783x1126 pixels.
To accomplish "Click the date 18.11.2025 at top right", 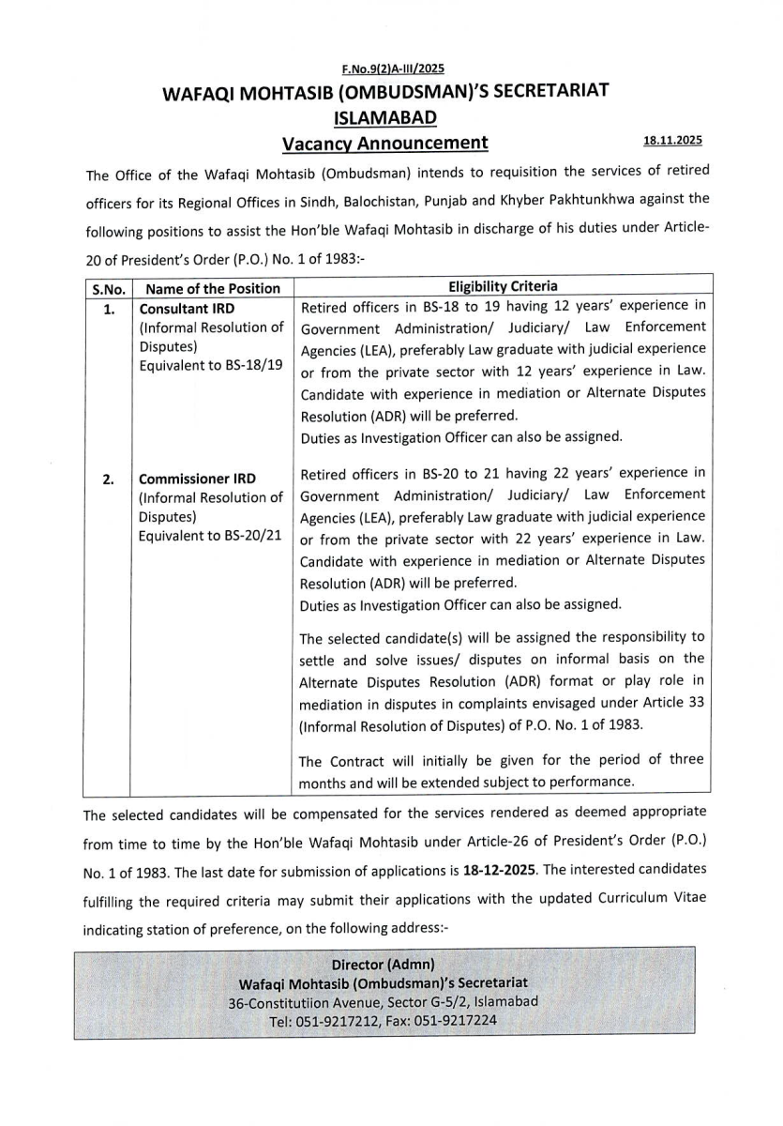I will click(672, 140).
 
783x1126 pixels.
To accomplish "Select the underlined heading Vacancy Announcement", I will click(385, 143).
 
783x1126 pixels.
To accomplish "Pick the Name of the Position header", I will click(213, 289).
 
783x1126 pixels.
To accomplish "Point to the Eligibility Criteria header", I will click(503, 287).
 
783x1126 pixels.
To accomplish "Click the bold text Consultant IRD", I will click(187, 309).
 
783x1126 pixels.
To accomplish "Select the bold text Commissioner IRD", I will click(197, 479).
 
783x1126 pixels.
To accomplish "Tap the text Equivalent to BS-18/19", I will click(211, 365).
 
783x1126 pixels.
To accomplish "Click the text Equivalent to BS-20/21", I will click(211, 535).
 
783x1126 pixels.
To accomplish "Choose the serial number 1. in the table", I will click(110, 309).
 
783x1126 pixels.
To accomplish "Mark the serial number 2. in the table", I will click(110, 479).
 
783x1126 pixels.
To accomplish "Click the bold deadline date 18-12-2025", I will click(499, 871).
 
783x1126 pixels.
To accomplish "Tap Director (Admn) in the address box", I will click(384, 965).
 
